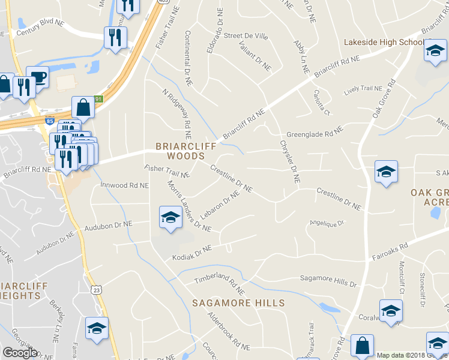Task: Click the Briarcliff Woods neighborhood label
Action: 181,151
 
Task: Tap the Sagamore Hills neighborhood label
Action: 238,303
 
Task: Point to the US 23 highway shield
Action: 97,290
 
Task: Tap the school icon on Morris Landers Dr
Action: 170,217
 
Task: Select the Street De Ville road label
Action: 246,36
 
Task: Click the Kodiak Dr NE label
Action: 192,252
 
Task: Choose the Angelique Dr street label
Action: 326,223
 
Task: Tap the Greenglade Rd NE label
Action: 314,132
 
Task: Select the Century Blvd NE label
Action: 41,23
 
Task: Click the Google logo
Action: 20,353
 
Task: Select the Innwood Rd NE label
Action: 124,185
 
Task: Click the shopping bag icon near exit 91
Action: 83,108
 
